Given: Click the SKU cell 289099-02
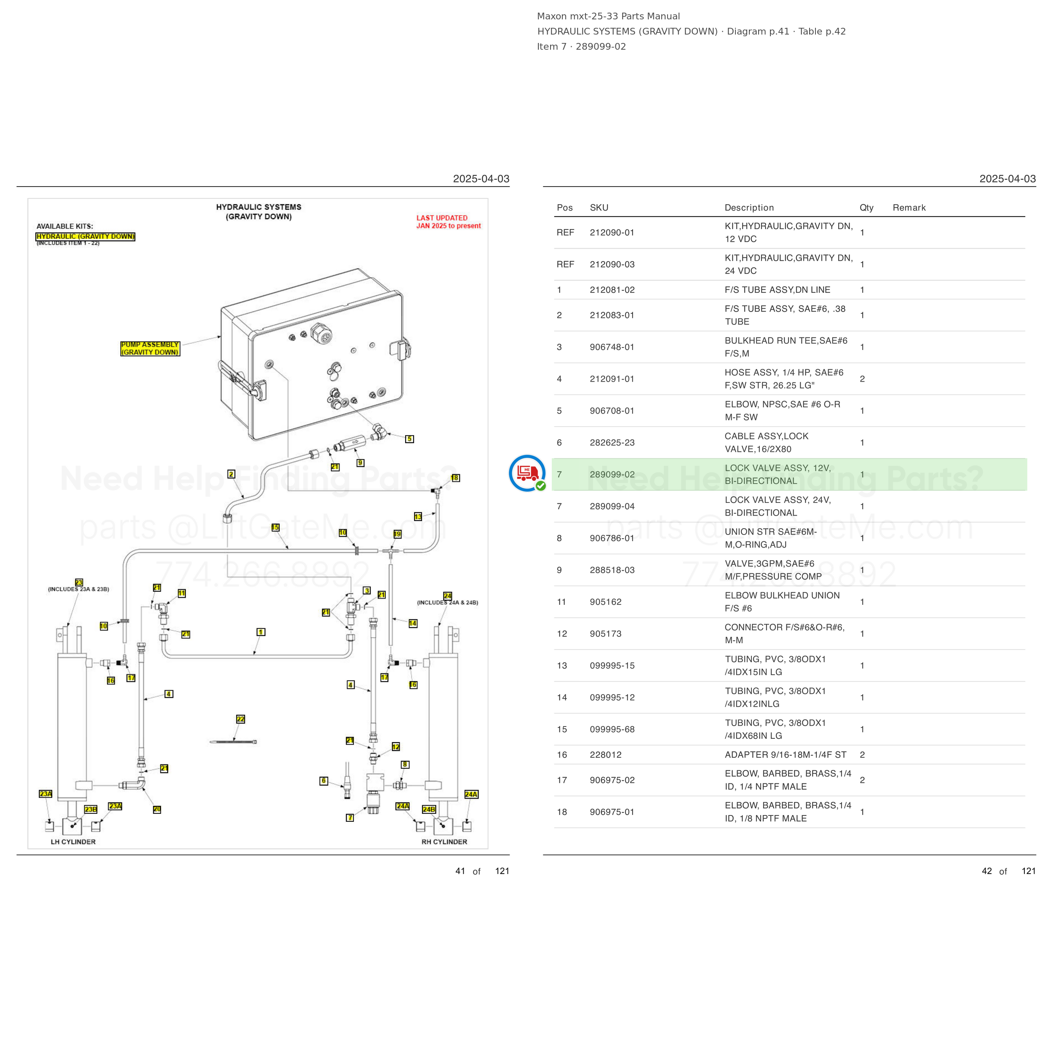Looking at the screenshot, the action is [612, 474].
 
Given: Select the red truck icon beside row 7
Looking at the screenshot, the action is [526, 473].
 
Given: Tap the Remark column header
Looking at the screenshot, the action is [909, 208].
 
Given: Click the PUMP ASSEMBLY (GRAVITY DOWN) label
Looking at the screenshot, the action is [150, 349].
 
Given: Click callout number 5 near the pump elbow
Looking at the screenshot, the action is [409, 439].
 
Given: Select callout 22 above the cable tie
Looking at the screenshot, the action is [241, 719].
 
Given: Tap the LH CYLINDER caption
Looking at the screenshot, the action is [73, 842].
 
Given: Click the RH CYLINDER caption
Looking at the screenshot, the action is [444, 842].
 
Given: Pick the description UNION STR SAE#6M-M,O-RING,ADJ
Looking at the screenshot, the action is [771, 538].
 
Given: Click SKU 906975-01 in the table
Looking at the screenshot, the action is [612, 812].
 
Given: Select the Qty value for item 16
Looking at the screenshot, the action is [862, 754].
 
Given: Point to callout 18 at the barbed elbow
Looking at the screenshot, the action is [455, 478].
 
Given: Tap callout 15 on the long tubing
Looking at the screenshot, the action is [275, 527].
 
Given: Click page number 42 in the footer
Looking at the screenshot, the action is [986, 871].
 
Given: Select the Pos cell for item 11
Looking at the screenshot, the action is [561, 602].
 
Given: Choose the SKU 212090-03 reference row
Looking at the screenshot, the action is [612, 265].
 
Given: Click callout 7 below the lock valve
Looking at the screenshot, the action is [350, 818].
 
